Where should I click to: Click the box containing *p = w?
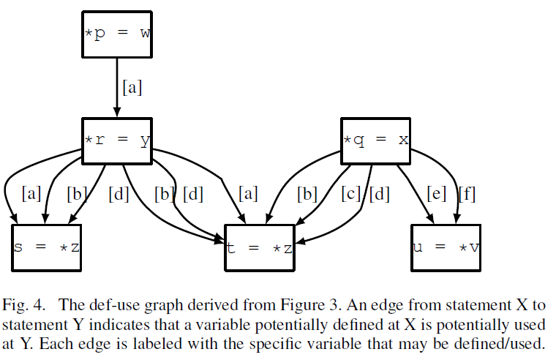click(x=117, y=33)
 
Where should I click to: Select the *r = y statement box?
click(x=117, y=138)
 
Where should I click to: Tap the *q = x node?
click(x=375, y=138)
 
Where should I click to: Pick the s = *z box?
click(x=46, y=247)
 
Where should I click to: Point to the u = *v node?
click(x=446, y=247)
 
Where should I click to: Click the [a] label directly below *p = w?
click(x=132, y=88)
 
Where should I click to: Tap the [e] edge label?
click(x=437, y=195)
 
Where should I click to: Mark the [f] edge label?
click(x=467, y=195)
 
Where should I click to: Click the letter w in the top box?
click(x=143, y=33)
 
